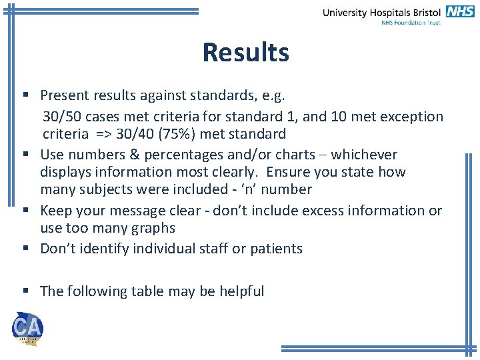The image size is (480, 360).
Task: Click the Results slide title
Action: pyautogui.click(x=246, y=52)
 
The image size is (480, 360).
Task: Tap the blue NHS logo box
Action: pyautogui.click(x=460, y=11)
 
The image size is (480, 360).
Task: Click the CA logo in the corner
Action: pyautogui.click(x=27, y=328)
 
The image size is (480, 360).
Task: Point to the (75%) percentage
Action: pyautogui.click(x=173, y=134)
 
